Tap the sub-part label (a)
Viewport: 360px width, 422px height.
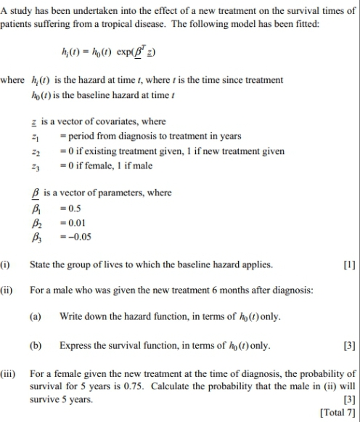click(x=36, y=317)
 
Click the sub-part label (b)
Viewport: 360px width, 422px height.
click(x=36, y=345)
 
